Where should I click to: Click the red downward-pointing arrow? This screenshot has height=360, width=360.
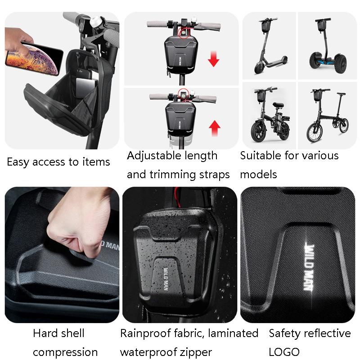[x=213, y=58]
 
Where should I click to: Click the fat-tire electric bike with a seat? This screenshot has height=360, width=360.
[x=269, y=115]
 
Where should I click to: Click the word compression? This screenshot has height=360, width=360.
[x=65, y=352]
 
